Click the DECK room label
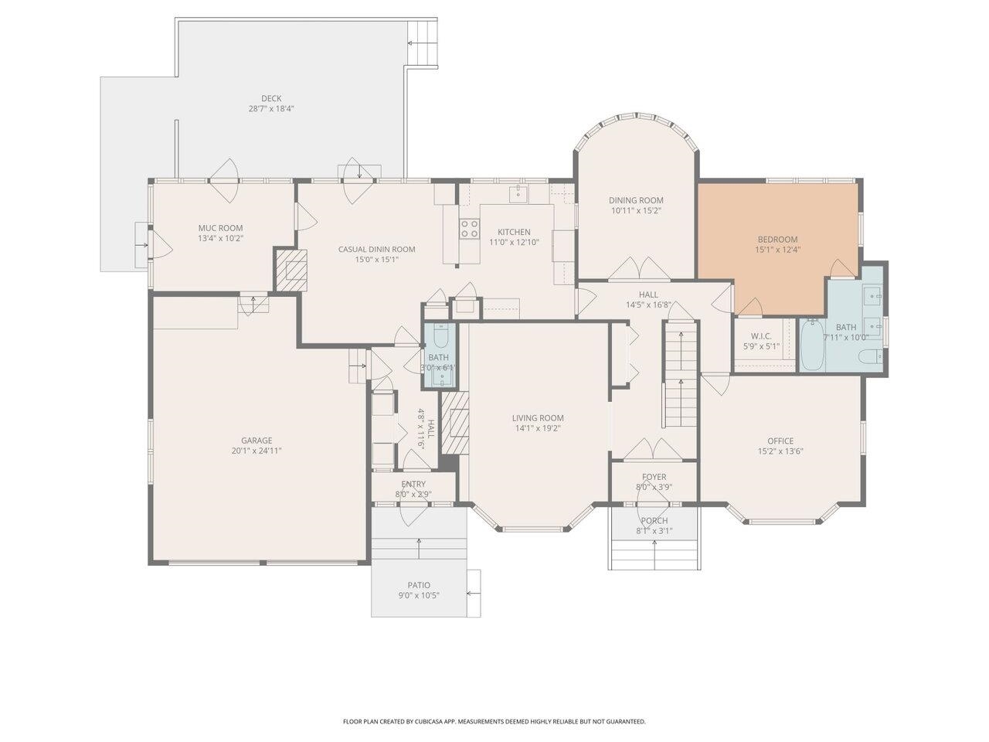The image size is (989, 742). coord(271,98)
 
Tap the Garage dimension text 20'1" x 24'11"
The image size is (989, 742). coord(257,451)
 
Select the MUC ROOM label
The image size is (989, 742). coord(221,228)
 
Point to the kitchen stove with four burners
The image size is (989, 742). coord(469,228)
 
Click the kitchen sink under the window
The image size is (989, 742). coord(519,194)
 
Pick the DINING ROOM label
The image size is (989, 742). coord(636,200)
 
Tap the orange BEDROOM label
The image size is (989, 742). coord(778,240)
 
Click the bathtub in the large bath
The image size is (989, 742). coord(813,345)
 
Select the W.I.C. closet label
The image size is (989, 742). coord(762,336)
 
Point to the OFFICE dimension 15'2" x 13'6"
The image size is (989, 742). coord(780,451)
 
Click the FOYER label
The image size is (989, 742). coord(654,477)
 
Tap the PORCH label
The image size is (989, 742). coord(654,520)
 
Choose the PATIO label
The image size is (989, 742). coord(419,585)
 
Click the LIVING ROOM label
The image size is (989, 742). coord(538,418)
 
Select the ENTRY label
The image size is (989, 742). coord(413,484)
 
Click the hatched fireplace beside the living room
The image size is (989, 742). coord(454,423)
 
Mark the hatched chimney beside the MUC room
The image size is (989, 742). coord(291,271)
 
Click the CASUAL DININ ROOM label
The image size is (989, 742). coord(377,249)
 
